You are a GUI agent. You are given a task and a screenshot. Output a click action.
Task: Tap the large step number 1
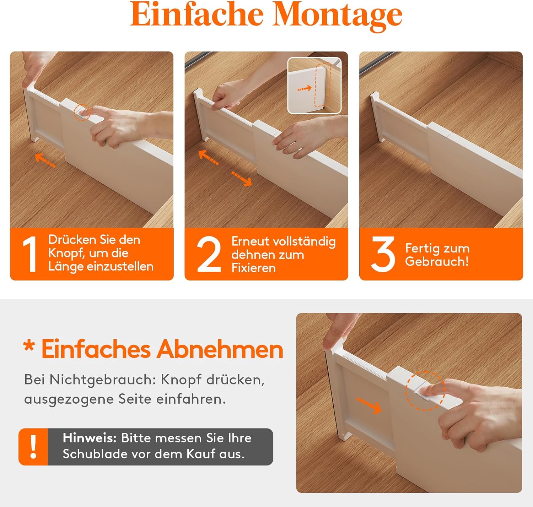tap(31, 254)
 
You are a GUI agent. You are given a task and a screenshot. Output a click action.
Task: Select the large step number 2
tap(209, 254)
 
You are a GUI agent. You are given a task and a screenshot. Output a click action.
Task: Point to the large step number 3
tap(383, 254)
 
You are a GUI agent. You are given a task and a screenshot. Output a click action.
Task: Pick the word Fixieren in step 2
tap(253, 268)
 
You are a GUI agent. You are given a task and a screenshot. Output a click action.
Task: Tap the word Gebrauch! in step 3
tap(437, 262)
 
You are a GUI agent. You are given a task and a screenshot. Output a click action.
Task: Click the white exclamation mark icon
tap(33, 447)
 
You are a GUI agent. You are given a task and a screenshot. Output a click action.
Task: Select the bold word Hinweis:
tap(90, 438)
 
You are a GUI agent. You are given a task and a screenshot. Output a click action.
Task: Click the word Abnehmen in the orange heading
tap(220, 349)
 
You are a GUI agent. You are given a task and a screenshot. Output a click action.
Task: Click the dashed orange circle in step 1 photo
tap(82, 112)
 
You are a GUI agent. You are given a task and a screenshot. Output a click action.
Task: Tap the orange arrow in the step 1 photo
tap(45, 160)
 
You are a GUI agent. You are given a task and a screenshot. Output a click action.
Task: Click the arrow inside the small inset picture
tap(305, 88)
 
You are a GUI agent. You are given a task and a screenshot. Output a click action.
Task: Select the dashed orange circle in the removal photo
tap(425, 391)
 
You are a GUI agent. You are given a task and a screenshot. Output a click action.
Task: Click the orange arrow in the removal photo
tap(369, 406)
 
